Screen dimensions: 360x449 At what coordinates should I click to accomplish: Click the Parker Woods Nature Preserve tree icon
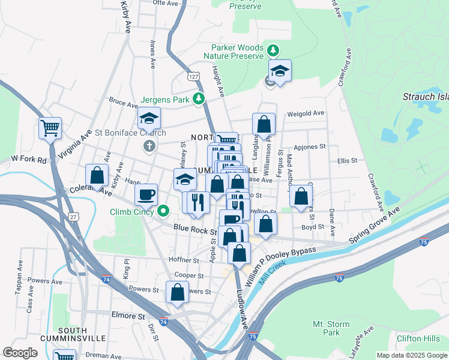[x=273, y=49]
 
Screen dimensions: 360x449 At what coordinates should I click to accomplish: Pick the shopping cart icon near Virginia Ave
[x=50, y=127]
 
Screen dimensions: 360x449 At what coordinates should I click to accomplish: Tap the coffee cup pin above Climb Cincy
[x=146, y=194]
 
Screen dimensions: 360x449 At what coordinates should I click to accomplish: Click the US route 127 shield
[x=193, y=77]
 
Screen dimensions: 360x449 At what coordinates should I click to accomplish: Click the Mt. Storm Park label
[x=331, y=328]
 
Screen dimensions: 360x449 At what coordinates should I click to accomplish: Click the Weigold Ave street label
[x=306, y=113]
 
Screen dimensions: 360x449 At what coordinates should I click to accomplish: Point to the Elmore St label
[x=128, y=315]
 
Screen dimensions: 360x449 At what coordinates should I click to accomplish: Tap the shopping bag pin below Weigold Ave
[x=264, y=124]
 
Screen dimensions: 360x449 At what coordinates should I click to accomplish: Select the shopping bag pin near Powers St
[x=178, y=293]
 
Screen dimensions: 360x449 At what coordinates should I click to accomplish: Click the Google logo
[x=20, y=353]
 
